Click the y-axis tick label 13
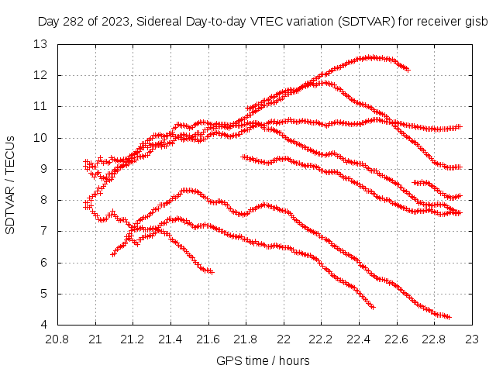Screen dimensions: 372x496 40,44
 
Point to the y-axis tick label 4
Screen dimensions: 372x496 43,325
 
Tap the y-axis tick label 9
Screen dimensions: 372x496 43,169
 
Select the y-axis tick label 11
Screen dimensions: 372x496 40,106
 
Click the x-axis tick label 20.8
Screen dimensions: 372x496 58,339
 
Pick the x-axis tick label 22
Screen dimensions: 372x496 284,339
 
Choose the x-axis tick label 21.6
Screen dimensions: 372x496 208,339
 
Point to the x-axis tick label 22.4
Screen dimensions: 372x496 359,339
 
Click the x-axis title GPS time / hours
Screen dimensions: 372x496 263,360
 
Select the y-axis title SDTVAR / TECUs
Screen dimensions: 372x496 11,184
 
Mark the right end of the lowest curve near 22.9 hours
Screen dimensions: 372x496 448,316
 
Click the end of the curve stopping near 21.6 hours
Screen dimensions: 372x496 211,271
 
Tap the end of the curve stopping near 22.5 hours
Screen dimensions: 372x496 373,307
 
